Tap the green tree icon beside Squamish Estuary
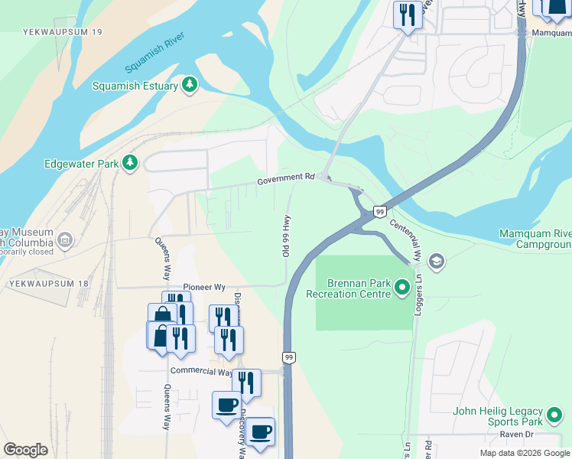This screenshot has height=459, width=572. tap(190, 86)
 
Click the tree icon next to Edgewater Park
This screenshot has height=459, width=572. tap(131, 163)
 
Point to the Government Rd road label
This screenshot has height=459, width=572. tap(286, 179)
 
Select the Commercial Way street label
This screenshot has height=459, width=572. tap(201, 373)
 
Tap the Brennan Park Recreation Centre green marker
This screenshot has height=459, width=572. tap(403, 288)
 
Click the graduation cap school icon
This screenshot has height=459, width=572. tap(437, 262)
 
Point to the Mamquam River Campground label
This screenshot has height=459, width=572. tap(535, 239)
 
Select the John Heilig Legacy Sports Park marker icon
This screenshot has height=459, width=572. tap(554, 416)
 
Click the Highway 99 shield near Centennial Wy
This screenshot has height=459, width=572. tap(379, 211)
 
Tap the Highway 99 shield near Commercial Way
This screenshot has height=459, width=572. tap(289, 357)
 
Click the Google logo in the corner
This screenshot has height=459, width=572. tap(25, 450)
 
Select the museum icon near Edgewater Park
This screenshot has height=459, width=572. tap(64, 240)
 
